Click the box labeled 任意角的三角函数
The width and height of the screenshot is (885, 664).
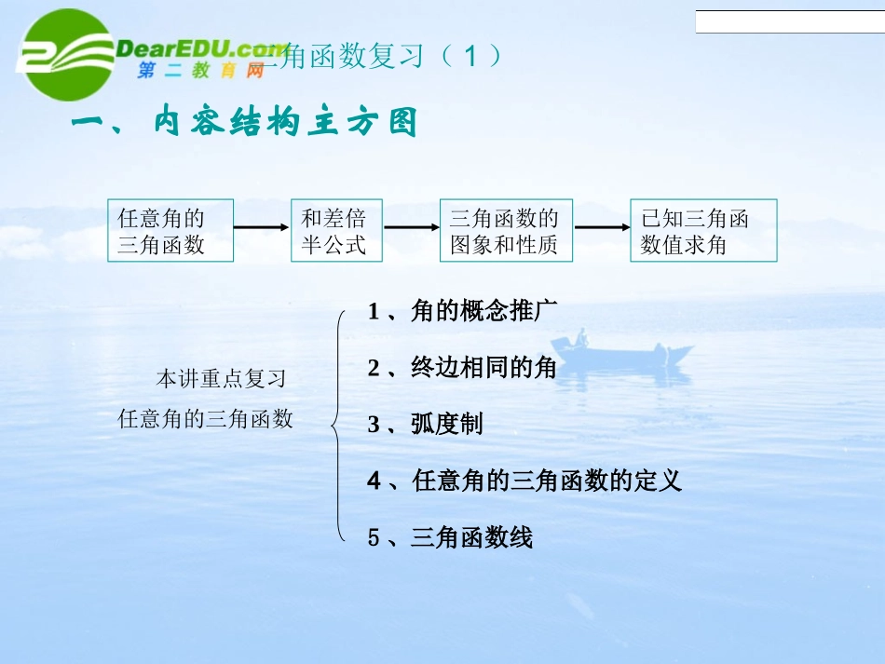point(170,231)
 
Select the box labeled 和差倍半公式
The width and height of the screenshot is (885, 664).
point(336,231)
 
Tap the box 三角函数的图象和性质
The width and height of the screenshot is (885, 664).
point(506,231)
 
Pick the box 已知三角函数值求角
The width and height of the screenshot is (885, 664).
point(702,231)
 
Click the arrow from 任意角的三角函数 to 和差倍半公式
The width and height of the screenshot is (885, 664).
point(262,226)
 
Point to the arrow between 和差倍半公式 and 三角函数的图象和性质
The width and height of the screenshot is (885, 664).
point(412,226)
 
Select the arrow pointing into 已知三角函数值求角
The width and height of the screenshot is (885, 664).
point(602,226)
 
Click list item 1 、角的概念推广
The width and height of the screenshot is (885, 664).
point(462,312)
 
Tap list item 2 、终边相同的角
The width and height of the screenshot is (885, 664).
point(462,369)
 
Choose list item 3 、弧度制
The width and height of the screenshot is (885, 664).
point(425,426)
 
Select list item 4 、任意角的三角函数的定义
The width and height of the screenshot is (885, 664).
point(524,481)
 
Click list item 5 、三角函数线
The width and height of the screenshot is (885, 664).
point(450,538)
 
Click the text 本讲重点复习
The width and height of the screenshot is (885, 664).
point(221,380)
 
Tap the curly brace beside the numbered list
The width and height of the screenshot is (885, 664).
point(337,425)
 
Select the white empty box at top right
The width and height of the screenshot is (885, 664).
point(789,22)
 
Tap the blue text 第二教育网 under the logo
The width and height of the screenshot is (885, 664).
point(201,72)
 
